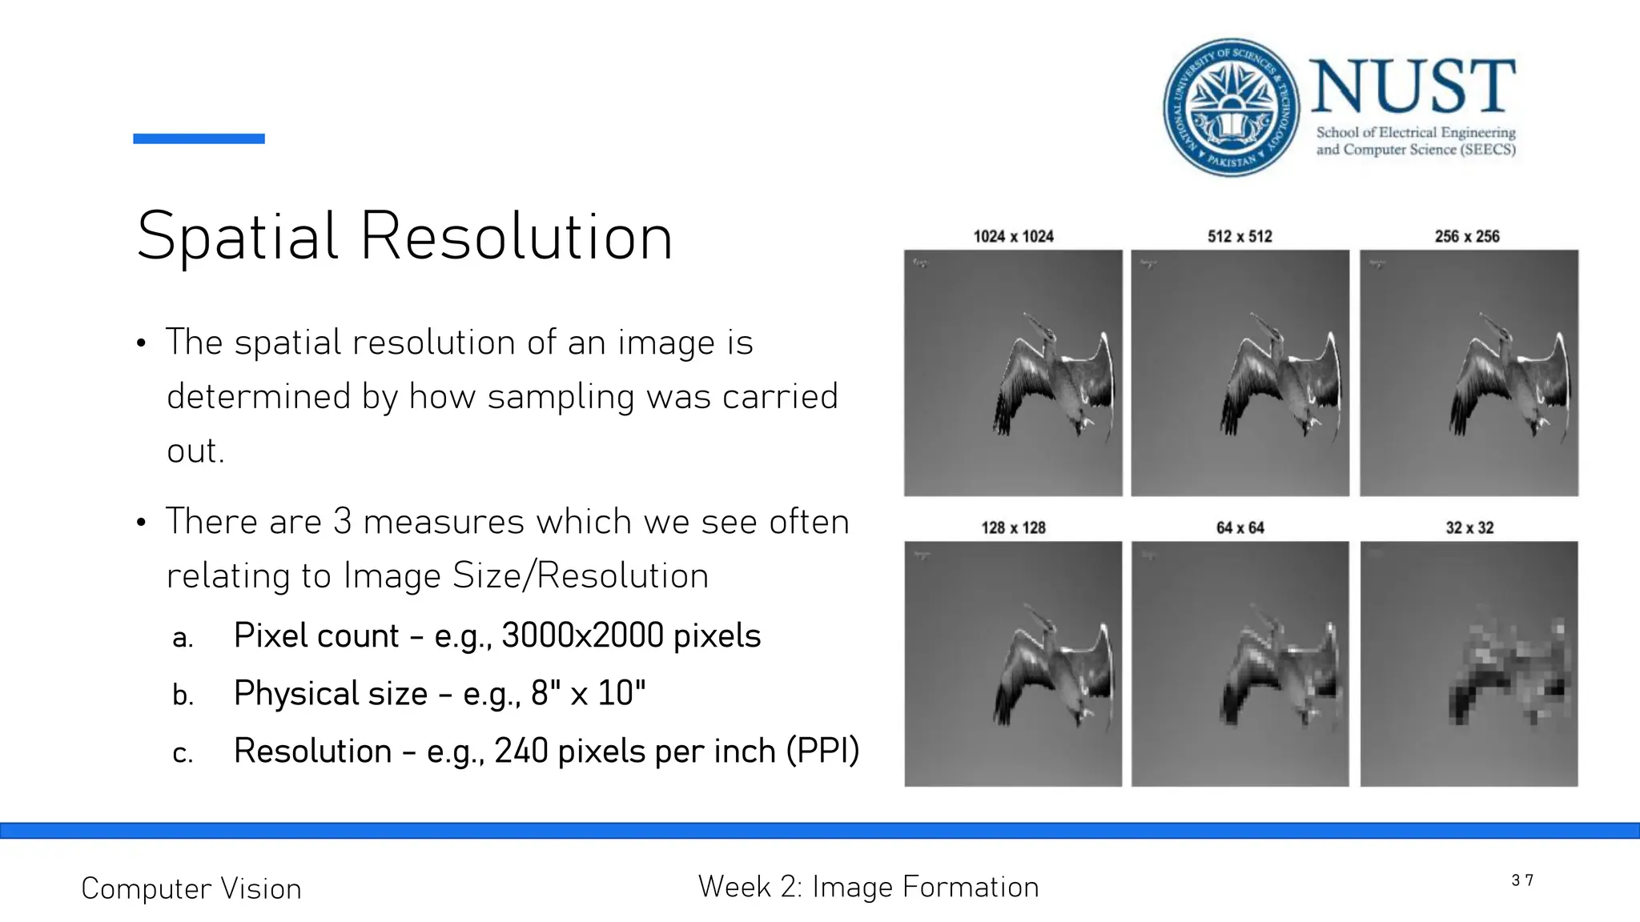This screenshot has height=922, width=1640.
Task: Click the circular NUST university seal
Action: point(1231,107)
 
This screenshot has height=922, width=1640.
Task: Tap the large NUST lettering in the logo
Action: point(1413,86)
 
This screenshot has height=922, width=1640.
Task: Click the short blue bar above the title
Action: point(199,138)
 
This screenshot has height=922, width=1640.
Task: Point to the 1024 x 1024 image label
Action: point(1013,236)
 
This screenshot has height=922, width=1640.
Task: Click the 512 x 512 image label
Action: point(1240,236)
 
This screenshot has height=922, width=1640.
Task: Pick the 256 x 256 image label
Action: point(1467,236)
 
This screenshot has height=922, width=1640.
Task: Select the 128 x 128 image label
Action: point(1013,527)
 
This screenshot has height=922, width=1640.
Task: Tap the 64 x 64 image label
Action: point(1240,527)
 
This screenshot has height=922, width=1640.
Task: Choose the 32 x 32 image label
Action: point(1469,527)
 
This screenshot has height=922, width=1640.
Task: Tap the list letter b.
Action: point(183,695)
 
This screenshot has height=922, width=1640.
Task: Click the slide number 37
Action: point(1522,880)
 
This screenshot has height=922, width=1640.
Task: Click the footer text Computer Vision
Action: point(191,888)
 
